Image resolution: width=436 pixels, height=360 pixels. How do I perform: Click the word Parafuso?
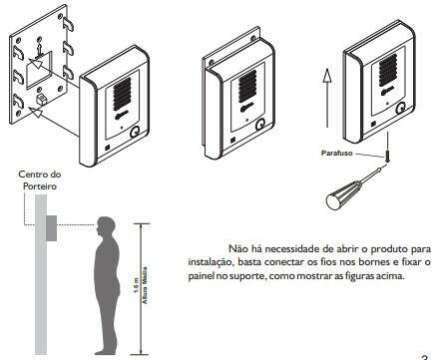coord(336,154)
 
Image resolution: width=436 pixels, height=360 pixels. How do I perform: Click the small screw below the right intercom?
coord(387,157)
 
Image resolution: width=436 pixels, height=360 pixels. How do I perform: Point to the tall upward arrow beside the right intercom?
coord(327,98)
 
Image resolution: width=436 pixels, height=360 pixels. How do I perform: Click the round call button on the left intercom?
coord(135,132)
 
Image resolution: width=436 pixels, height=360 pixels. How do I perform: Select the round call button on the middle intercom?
coord(260,125)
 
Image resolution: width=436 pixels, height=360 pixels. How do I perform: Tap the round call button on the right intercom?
coord(400,108)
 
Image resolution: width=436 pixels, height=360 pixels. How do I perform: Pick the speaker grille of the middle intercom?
coord(247,87)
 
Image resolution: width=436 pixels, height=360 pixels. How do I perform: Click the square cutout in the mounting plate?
coord(39,70)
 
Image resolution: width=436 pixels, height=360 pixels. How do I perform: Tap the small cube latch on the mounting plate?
coord(41,99)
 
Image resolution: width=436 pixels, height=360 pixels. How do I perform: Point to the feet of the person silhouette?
coord(107,351)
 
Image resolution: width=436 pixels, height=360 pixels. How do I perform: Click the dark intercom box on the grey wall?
coord(51,228)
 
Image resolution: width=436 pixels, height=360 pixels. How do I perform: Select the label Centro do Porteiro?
coord(40,180)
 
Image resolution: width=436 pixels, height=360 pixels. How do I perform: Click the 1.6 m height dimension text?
coord(136,288)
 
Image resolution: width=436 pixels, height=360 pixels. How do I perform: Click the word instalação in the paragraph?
coord(211,262)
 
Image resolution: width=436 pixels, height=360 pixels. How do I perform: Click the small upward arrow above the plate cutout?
coord(39,50)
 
